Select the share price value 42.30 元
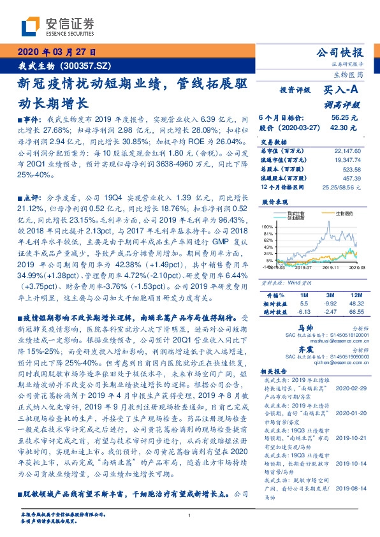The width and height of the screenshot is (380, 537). (344, 128)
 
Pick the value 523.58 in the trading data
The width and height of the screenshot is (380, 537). (351, 170)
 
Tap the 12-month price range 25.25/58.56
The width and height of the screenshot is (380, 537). (345, 188)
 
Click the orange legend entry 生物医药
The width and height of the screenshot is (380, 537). (335, 213)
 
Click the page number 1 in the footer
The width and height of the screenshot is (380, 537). (189, 515)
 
